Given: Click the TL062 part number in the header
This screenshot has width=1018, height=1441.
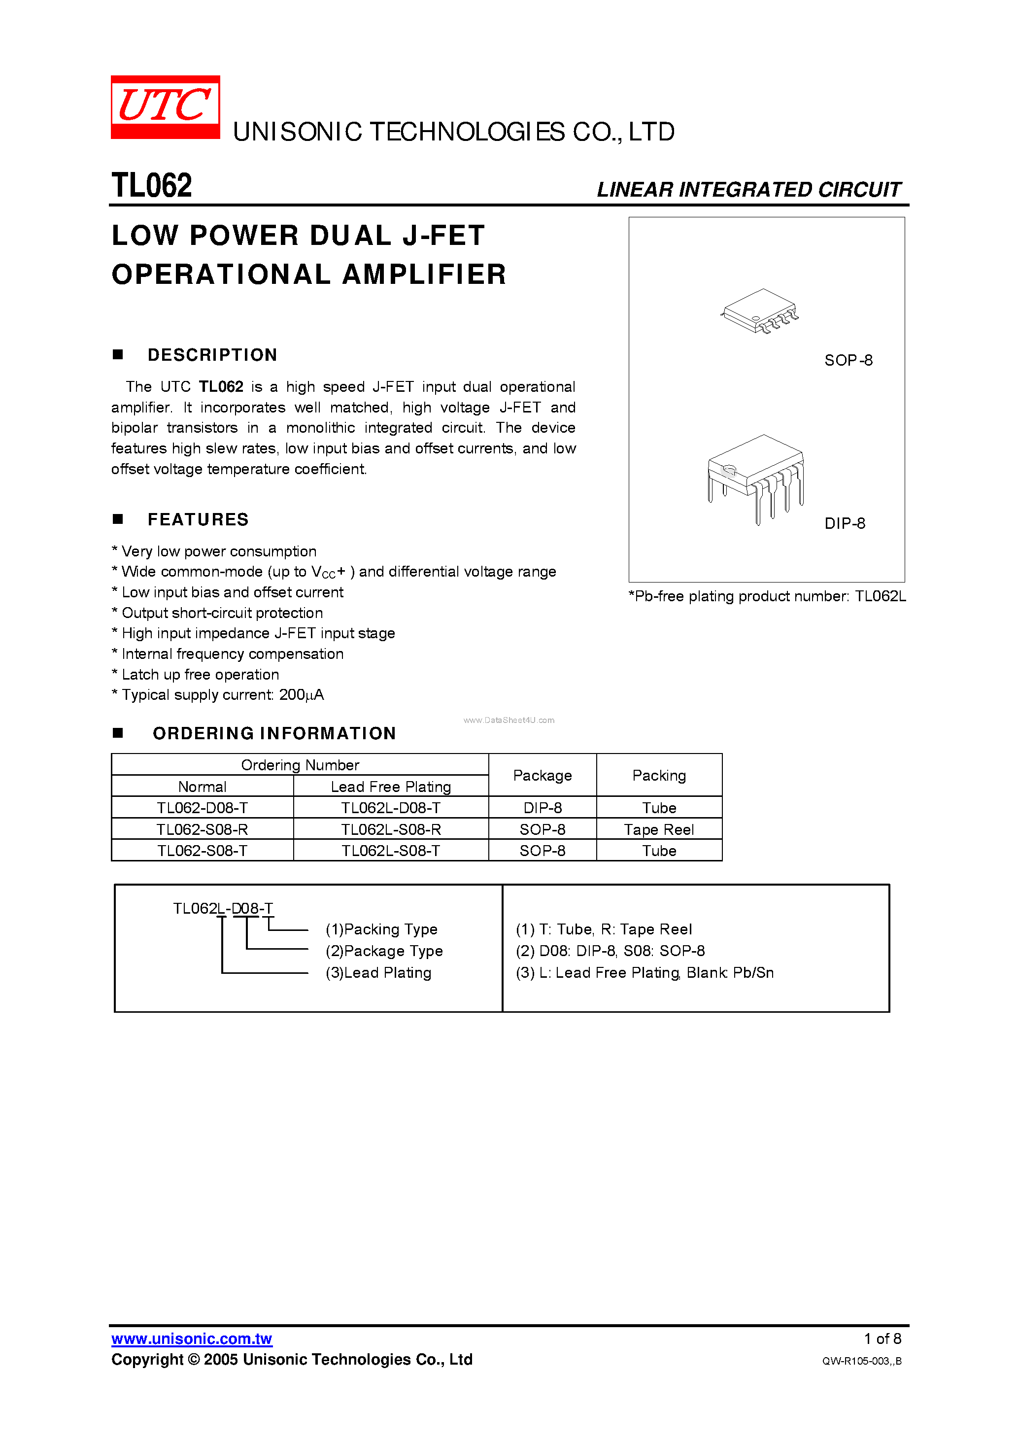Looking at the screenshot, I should [151, 186].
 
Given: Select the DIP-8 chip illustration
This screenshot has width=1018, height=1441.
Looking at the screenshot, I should [756, 478].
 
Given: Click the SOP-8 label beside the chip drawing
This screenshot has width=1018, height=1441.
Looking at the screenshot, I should [848, 360].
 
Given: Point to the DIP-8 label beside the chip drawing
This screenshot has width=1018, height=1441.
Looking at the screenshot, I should [844, 523].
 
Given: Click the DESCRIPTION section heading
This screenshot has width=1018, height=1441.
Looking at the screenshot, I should [212, 355].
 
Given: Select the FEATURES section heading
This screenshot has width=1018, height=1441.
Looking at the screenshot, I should [198, 519].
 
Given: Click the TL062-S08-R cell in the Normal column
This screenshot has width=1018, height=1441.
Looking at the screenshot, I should [202, 830].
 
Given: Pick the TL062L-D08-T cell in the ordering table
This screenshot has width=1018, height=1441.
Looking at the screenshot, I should [390, 808].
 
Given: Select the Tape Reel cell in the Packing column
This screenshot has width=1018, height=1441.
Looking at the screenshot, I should [658, 830].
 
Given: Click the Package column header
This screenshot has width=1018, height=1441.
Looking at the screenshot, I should [543, 776].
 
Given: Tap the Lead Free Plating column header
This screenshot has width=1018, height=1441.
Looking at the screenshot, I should [390, 787].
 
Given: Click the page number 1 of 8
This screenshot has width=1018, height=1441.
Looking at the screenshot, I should [882, 1338].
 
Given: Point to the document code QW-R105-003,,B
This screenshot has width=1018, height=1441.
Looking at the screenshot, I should [861, 1361].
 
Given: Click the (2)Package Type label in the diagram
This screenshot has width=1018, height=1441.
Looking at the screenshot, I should [383, 951].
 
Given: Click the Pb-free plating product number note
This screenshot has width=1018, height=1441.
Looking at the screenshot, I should [767, 596].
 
